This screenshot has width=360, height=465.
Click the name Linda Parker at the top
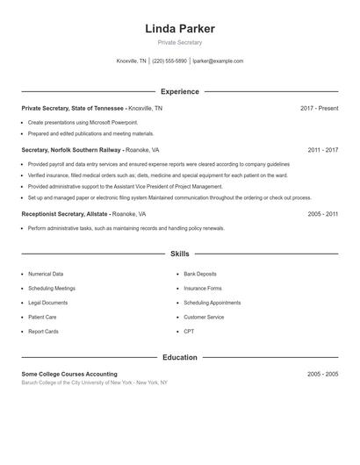[x=179, y=29]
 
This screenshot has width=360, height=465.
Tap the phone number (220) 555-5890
[x=170, y=61]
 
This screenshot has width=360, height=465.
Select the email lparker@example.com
[x=218, y=61]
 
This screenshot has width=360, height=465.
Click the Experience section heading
[x=179, y=91]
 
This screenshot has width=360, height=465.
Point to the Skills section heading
[x=179, y=254]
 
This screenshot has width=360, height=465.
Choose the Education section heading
[x=179, y=357]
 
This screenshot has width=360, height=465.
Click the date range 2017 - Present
[x=319, y=108]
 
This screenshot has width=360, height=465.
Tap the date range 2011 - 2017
[x=322, y=150]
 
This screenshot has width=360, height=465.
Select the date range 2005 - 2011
[x=322, y=214]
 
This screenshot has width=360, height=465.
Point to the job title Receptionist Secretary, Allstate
[x=65, y=214]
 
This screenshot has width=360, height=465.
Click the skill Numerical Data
[x=46, y=274]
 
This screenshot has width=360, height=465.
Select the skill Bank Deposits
[x=200, y=274]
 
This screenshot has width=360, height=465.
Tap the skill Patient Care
[x=42, y=317]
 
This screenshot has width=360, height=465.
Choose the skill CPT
[x=189, y=332]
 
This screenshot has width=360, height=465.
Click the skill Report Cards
[x=43, y=332]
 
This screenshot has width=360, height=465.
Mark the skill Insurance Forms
[x=203, y=288]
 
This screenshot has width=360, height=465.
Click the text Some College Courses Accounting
[x=69, y=374]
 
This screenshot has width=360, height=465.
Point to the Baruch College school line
[x=94, y=383]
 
